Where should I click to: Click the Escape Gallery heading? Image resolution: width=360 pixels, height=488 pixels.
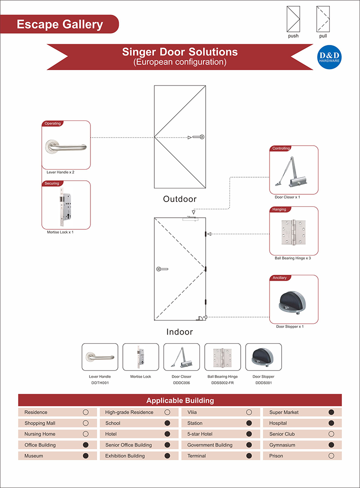(x=60, y=24)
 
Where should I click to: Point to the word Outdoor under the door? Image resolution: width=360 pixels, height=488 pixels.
(x=180, y=199)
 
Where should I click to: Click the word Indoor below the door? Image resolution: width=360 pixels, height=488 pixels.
(x=180, y=332)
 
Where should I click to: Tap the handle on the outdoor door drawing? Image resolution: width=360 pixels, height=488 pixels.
(x=198, y=137)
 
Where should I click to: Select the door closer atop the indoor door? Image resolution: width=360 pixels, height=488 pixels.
(x=191, y=219)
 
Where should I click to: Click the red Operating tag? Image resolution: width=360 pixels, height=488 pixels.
(x=52, y=124)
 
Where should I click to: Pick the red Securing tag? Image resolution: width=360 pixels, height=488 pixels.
(x=52, y=184)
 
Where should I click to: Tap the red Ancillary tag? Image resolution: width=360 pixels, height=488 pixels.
(x=279, y=278)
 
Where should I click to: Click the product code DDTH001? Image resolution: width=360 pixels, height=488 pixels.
(x=100, y=383)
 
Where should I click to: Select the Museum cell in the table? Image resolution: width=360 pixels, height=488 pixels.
(x=34, y=456)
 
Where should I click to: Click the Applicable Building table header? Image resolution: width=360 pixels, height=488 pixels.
(x=180, y=400)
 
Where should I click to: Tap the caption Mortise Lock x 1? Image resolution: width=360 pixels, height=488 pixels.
(x=60, y=232)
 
